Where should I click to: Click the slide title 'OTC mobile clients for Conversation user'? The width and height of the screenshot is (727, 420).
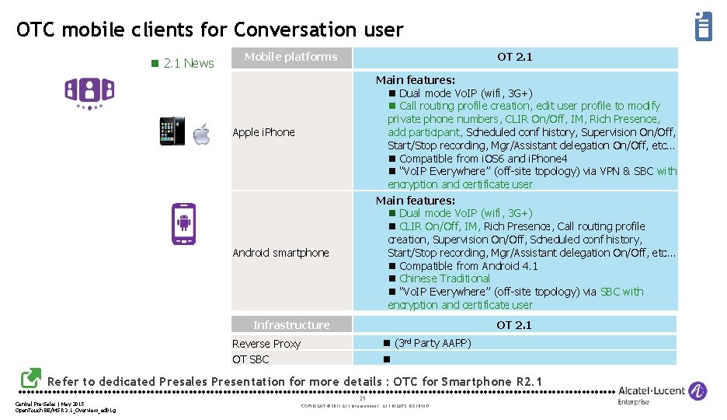[210, 30]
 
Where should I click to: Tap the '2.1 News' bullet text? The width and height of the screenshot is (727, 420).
[189, 63]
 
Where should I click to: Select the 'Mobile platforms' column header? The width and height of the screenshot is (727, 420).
[291, 57]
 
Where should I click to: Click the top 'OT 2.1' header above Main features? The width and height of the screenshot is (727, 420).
[515, 57]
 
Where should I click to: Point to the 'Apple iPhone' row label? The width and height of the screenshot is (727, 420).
[264, 132]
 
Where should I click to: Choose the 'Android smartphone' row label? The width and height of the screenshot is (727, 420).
[281, 253]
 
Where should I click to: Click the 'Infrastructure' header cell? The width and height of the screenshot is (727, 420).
[291, 325]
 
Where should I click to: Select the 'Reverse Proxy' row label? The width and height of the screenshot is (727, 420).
[266, 344]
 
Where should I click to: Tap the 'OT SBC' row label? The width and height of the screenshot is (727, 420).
[251, 359]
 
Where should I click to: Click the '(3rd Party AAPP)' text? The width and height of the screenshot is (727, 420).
[433, 343]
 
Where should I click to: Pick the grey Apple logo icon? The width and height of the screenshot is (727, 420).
[202, 134]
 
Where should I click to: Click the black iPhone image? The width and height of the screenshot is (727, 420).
[172, 131]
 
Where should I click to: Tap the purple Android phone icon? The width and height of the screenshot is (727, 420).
[184, 224]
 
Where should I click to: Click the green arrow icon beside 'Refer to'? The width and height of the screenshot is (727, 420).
[31, 378]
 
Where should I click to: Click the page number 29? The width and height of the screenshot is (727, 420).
[362, 398]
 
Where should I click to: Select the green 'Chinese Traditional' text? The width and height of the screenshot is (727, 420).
[444, 278]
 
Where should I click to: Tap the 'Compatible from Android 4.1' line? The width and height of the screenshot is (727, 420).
[468, 266]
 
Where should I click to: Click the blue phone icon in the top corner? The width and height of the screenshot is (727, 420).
[703, 26]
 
